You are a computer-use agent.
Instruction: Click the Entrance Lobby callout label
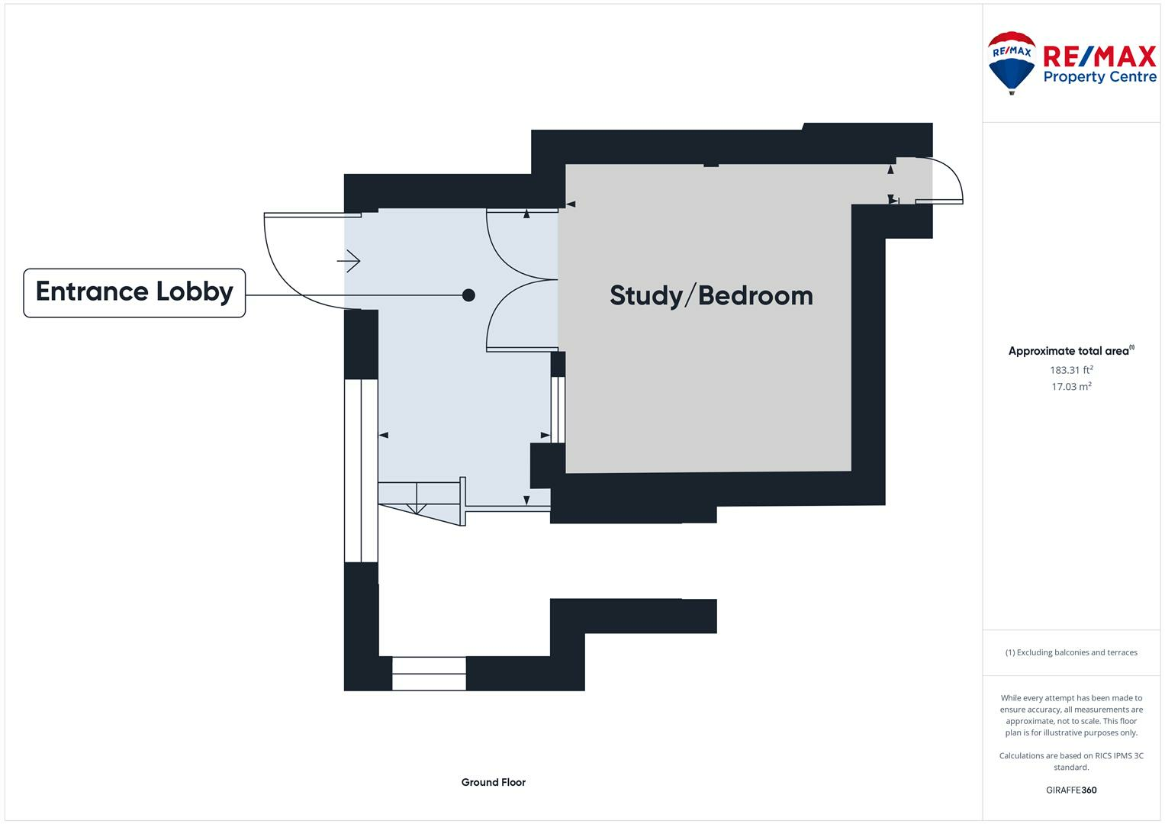tap(134, 292)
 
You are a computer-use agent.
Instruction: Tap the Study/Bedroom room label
tap(711, 296)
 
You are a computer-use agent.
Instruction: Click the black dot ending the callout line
tap(468, 295)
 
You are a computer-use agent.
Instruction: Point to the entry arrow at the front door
tap(349, 262)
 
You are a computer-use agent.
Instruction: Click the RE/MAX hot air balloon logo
tap(1012, 62)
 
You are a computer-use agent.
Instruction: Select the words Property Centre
tap(1099, 77)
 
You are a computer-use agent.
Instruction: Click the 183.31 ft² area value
tap(1071, 370)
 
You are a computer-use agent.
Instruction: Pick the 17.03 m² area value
tap(1071, 387)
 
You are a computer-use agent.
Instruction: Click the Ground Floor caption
tap(493, 782)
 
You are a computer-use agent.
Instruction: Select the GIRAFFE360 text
tap(1071, 790)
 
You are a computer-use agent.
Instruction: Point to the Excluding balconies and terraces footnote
tap(1071, 652)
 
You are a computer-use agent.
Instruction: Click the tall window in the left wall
tap(361, 470)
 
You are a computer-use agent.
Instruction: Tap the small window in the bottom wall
tap(429, 674)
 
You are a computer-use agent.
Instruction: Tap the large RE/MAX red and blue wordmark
tap(1099, 56)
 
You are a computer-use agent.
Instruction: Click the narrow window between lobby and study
tap(558, 410)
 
